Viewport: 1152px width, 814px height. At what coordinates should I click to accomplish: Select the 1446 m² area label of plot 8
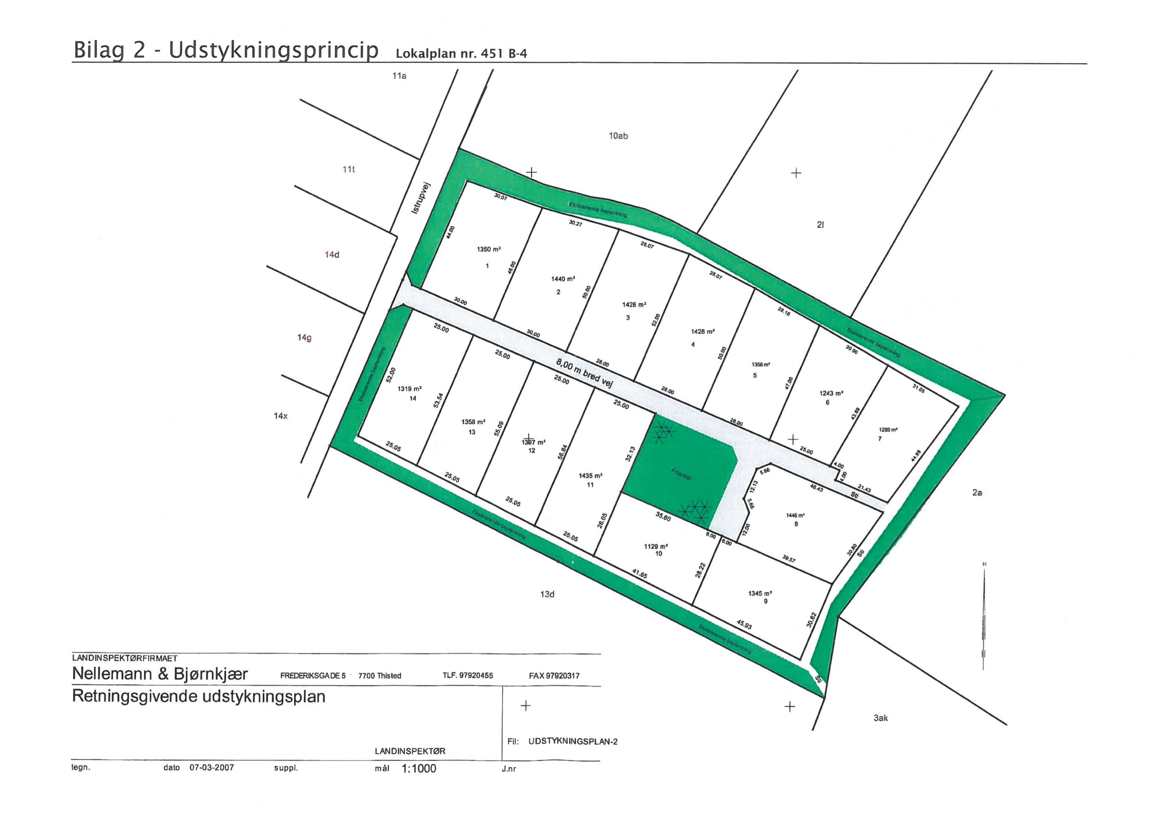(795, 515)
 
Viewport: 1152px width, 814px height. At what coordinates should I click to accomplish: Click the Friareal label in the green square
(681, 475)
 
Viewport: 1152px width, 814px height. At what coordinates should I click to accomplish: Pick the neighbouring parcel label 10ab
(618, 136)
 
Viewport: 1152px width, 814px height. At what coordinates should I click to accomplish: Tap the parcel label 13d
(548, 594)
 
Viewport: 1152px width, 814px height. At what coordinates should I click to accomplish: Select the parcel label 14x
(280, 416)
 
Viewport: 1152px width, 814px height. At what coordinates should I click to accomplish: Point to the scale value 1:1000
(419, 768)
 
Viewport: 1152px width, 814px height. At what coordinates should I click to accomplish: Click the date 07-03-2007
(212, 768)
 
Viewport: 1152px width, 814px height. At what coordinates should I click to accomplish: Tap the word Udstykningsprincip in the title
(273, 50)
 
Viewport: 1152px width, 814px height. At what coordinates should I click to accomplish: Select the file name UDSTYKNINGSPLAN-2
(573, 741)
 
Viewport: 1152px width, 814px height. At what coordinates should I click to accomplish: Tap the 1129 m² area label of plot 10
(656, 547)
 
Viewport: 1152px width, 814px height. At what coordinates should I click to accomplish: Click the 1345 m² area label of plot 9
(760, 593)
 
